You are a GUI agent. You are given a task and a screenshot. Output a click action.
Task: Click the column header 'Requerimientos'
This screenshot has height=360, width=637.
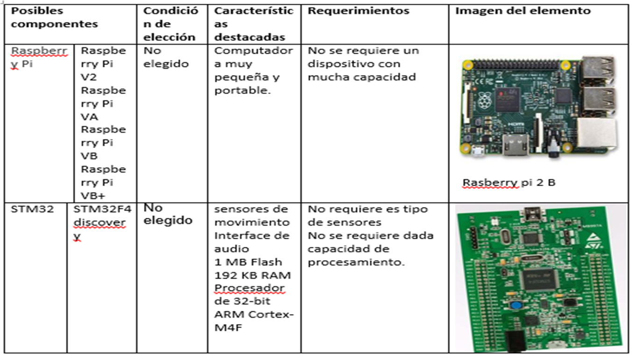pyautogui.click(x=358, y=11)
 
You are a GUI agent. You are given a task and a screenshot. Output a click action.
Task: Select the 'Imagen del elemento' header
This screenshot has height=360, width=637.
pyautogui.click(x=523, y=11)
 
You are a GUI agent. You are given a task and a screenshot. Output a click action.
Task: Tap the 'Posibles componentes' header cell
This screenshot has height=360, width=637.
pyautogui.click(x=54, y=18)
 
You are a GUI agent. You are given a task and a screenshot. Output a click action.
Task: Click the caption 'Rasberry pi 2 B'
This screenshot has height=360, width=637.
pyautogui.click(x=509, y=183)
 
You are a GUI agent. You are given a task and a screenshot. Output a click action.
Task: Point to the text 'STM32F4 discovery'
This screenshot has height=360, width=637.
pyautogui.click(x=102, y=223)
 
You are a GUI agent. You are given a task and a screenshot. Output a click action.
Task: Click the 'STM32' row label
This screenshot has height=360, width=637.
pyautogui.click(x=32, y=209)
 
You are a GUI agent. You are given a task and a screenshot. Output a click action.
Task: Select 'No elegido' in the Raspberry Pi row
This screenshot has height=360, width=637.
pyautogui.click(x=166, y=57)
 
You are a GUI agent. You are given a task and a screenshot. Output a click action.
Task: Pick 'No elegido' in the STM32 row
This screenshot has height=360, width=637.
pyautogui.click(x=168, y=214)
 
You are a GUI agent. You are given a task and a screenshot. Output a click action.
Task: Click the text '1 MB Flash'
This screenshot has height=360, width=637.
pyautogui.click(x=248, y=262)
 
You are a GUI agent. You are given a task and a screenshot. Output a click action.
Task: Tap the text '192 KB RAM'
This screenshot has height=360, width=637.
pyautogui.click(x=252, y=275)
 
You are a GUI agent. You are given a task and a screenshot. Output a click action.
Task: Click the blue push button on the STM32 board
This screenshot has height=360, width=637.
pyautogui.click(x=516, y=306)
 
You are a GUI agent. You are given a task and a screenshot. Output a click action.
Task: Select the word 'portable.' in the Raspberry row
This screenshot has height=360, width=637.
pyautogui.click(x=242, y=91)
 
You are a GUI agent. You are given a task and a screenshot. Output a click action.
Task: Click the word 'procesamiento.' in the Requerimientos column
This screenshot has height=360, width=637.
pyautogui.click(x=356, y=262)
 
